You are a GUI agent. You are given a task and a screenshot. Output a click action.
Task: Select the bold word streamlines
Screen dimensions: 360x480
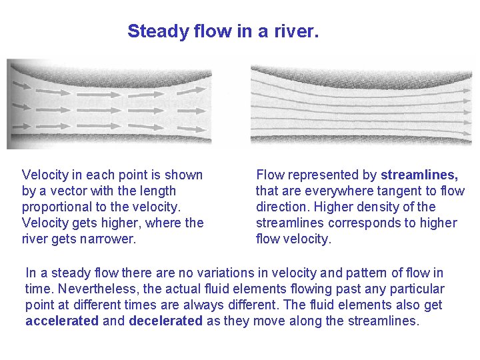(419, 175)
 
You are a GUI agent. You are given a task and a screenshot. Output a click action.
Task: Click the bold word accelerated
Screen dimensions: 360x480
(61, 321)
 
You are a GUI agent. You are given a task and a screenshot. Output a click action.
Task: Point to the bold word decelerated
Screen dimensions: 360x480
(165, 321)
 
